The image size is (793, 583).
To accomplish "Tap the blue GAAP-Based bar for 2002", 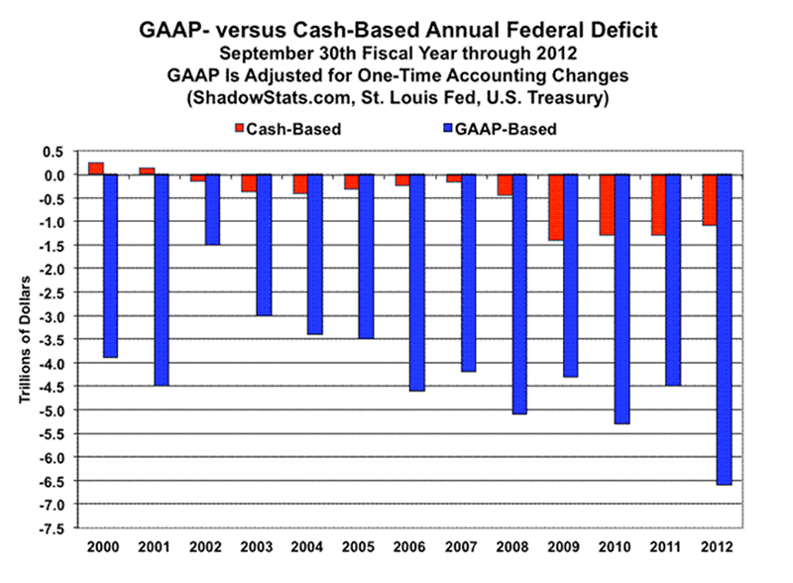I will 213,209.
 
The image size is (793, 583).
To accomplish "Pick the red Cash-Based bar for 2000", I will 95,169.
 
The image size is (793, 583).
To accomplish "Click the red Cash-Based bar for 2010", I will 607,205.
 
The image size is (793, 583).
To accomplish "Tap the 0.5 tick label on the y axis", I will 52,151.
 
